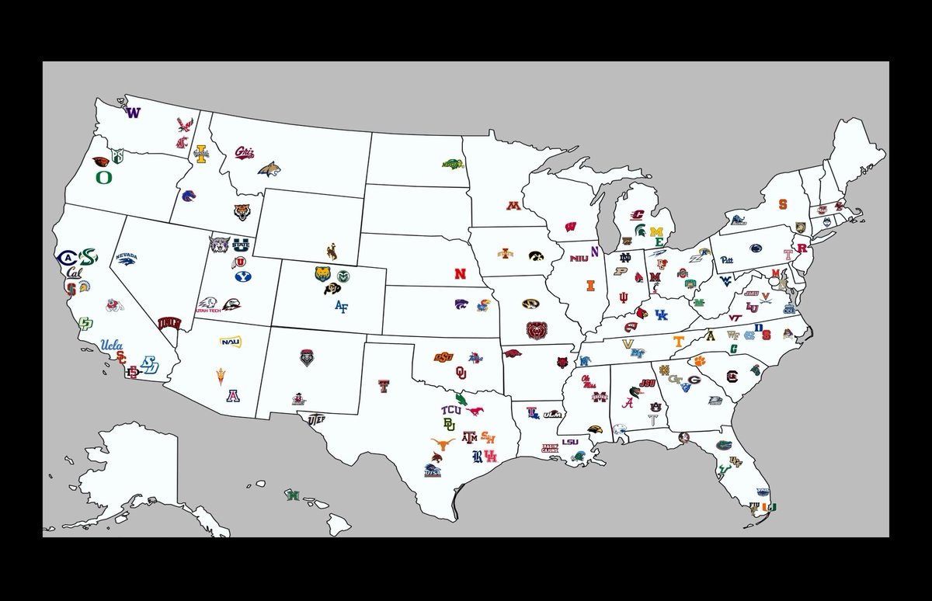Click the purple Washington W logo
click(133, 113)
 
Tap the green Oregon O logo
click(103, 177)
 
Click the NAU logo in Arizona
click(230, 342)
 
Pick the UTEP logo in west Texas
click(315, 419)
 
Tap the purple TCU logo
click(450, 410)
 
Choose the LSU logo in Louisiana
click(570, 442)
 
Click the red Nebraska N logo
click(461, 274)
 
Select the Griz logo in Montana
click(245, 152)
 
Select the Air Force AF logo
click(341, 306)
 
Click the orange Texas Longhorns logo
click(442, 445)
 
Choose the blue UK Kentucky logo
click(660, 314)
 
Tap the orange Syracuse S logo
click(783, 205)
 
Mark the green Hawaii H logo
click(293, 495)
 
